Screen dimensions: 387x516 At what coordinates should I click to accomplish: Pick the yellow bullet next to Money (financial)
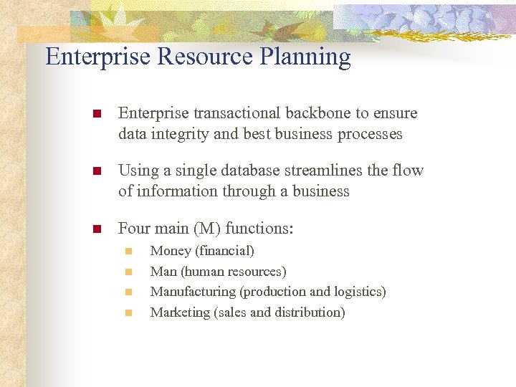(x=129, y=252)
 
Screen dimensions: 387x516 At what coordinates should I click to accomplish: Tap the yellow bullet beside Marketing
(x=129, y=312)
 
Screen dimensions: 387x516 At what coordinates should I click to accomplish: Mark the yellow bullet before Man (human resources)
(x=129, y=272)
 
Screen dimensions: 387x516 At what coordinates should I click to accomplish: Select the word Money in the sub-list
(x=171, y=251)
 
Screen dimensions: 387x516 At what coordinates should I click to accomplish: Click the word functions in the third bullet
(x=259, y=229)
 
